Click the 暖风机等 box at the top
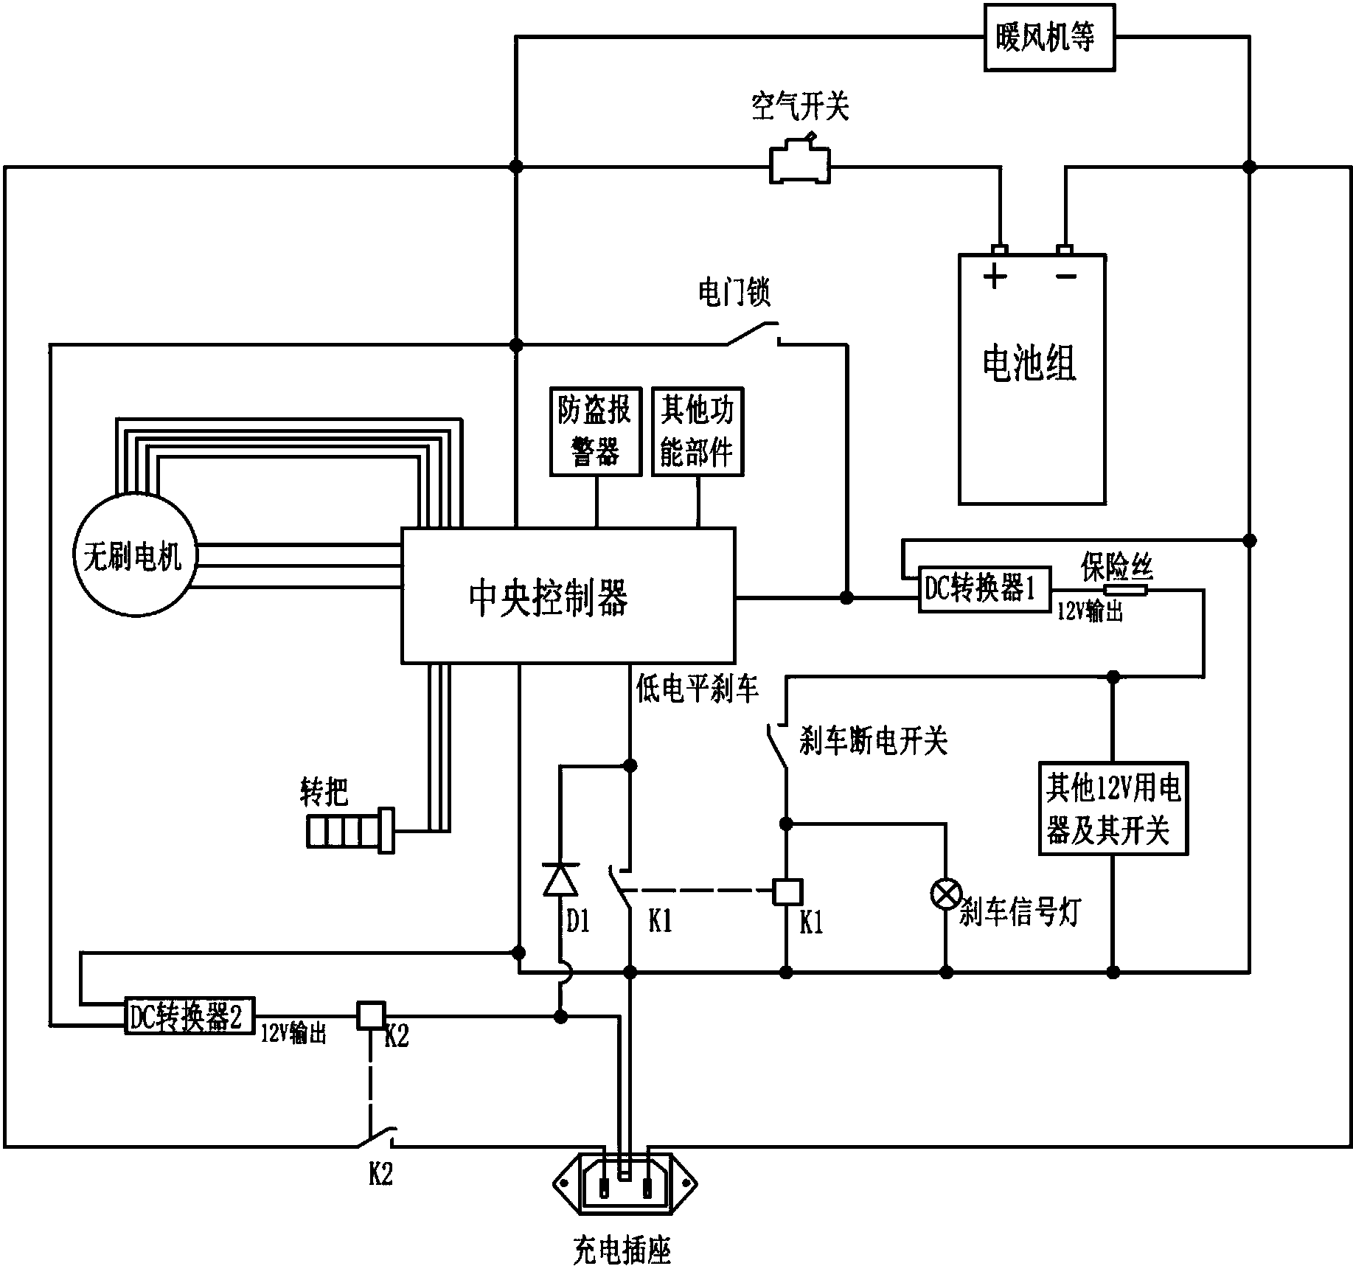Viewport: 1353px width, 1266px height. [x=1048, y=37]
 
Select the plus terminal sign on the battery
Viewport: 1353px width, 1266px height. [x=995, y=279]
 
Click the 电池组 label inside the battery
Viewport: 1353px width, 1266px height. [x=1030, y=364]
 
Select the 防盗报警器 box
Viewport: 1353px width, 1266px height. [x=596, y=432]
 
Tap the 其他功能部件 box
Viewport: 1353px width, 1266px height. [x=697, y=432]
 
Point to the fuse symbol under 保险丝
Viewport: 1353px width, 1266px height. [x=1125, y=590]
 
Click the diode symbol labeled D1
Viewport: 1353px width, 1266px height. [x=560, y=879]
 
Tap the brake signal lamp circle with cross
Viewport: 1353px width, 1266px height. [x=946, y=894]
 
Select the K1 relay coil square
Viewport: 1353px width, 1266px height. [x=786, y=891]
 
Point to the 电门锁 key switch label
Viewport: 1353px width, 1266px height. [x=734, y=293]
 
